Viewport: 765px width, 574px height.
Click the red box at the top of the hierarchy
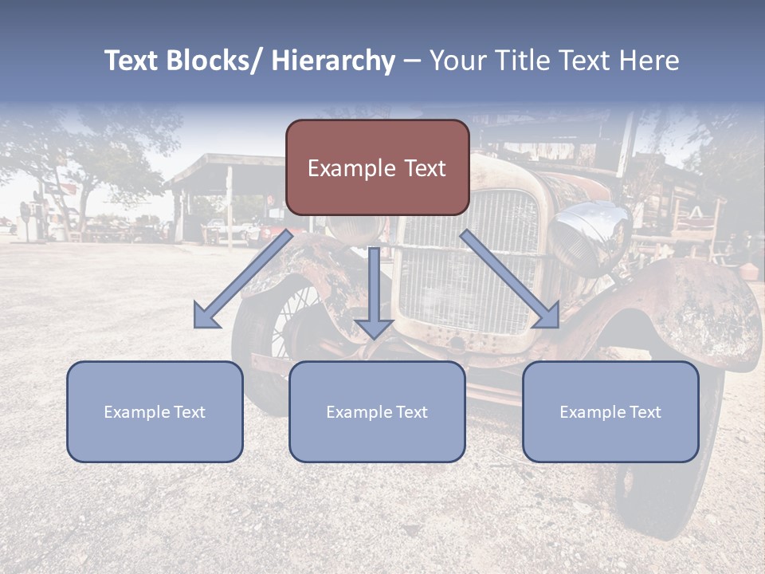coord(377,167)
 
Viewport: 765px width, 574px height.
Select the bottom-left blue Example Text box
coord(155,411)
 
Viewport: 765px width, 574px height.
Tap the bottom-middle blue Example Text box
coord(377,411)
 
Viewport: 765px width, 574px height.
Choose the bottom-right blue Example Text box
coord(610,411)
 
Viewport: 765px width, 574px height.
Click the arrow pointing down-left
coord(243,280)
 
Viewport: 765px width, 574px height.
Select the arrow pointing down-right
coord(510,279)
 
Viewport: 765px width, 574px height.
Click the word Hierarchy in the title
coord(333,61)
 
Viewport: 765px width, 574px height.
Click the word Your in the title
coord(457,61)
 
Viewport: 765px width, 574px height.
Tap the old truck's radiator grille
coord(470,263)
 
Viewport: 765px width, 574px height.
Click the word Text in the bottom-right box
coord(643,412)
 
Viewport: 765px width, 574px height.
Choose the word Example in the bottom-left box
coord(137,412)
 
